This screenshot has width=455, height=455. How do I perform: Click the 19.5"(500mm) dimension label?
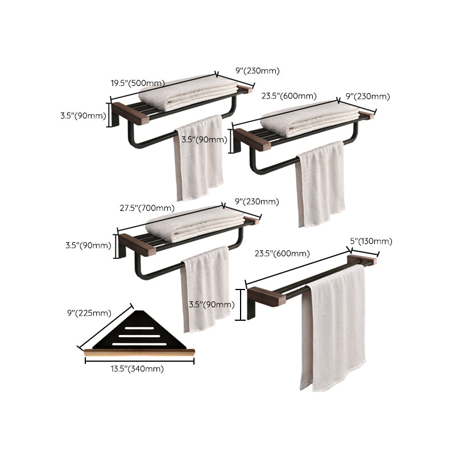(137, 83)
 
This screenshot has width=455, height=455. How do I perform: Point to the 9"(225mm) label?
(89, 312)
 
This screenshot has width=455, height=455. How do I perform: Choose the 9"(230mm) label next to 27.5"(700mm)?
(257, 202)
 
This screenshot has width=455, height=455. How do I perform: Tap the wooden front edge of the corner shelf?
(139, 353)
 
